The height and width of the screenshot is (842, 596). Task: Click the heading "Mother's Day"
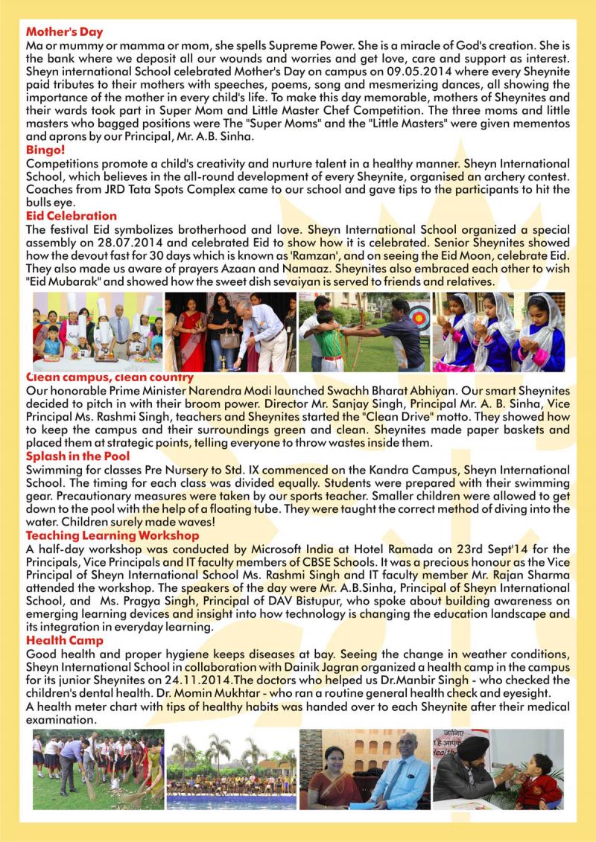tap(64, 32)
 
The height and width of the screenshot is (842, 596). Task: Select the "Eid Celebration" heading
tap(67, 216)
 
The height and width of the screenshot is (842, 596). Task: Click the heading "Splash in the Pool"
tap(77, 456)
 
